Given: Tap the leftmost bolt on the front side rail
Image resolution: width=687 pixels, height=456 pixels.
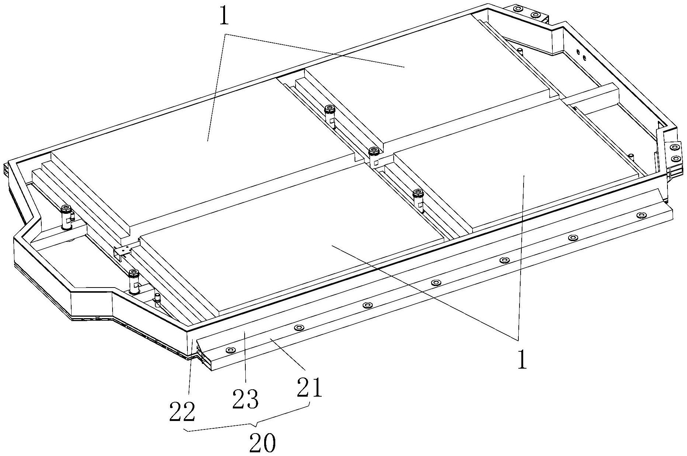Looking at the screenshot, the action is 231,349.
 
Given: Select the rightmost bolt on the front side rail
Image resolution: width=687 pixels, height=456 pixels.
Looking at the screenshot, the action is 642,215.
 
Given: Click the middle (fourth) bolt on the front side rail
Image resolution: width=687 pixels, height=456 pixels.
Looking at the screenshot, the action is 436,283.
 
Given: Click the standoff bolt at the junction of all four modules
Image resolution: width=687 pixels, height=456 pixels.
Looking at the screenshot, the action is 374,151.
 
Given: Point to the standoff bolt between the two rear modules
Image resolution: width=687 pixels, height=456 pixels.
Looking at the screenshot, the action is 329,109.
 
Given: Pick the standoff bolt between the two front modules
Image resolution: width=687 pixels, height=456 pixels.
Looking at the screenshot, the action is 418,192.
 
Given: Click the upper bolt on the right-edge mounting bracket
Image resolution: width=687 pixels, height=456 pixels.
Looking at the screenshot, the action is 675,147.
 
